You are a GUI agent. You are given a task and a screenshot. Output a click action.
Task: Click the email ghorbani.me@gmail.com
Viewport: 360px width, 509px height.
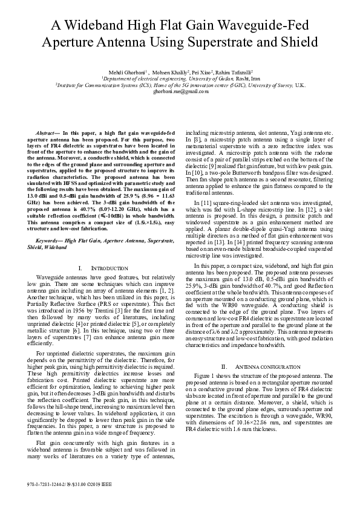point(180,91)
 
